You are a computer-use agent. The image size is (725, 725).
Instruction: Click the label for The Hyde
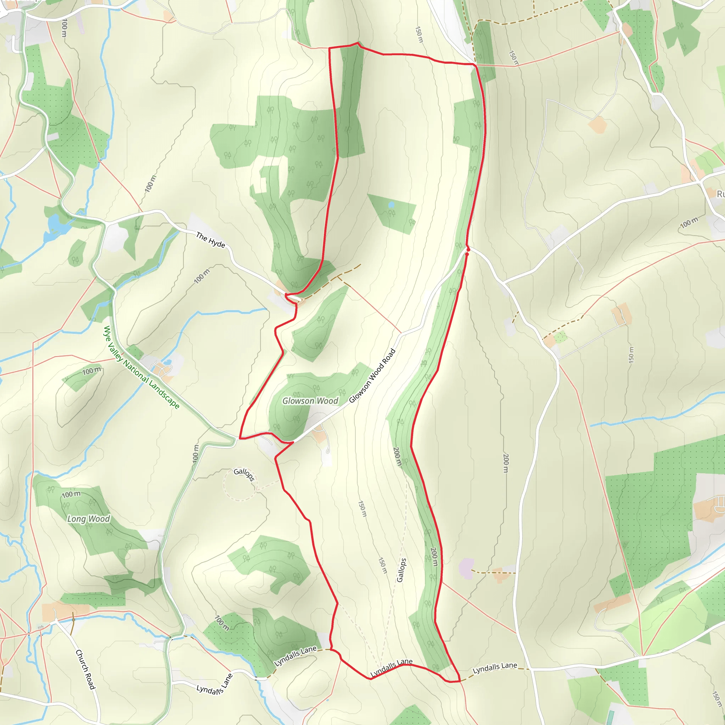tap(210, 240)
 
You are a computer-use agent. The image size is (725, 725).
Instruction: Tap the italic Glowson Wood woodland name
tap(310, 401)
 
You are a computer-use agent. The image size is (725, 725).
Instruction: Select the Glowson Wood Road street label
tap(372, 376)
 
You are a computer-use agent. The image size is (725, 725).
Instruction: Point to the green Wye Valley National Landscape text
tap(142, 367)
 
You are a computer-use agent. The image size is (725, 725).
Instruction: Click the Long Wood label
tap(89, 519)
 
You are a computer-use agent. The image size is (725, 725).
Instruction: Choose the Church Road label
tap(86, 669)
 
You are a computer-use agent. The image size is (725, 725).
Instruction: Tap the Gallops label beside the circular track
tap(244, 474)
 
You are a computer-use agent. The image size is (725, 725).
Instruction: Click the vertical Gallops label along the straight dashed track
tap(401, 570)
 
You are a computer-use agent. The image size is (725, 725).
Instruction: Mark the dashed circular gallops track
tap(239, 484)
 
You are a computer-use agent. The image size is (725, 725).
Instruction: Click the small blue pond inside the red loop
tap(392, 205)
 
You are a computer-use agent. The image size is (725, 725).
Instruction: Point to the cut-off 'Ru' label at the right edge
tap(720, 194)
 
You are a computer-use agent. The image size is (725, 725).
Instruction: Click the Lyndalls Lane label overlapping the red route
tap(392, 668)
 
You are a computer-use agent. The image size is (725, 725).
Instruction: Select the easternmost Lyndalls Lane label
tap(495, 668)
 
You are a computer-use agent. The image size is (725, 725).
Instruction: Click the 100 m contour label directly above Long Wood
tap(71, 494)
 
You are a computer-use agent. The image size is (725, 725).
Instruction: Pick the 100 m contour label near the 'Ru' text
tap(689, 222)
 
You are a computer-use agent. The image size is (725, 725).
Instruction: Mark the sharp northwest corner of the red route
tap(329, 48)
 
